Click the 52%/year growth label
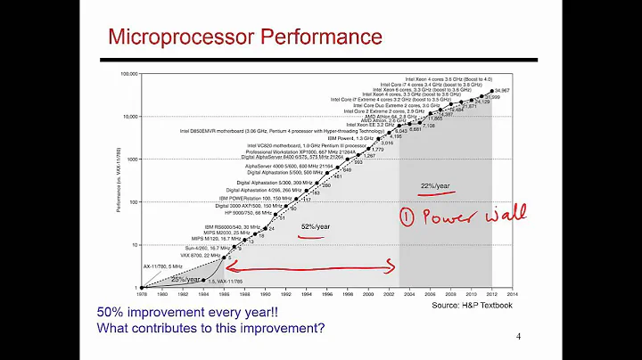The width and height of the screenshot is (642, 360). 316,227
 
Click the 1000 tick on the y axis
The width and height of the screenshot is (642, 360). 131,160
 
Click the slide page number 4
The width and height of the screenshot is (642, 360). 518,337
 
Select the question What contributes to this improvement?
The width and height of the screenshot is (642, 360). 210,327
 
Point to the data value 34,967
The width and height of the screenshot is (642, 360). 501,91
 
